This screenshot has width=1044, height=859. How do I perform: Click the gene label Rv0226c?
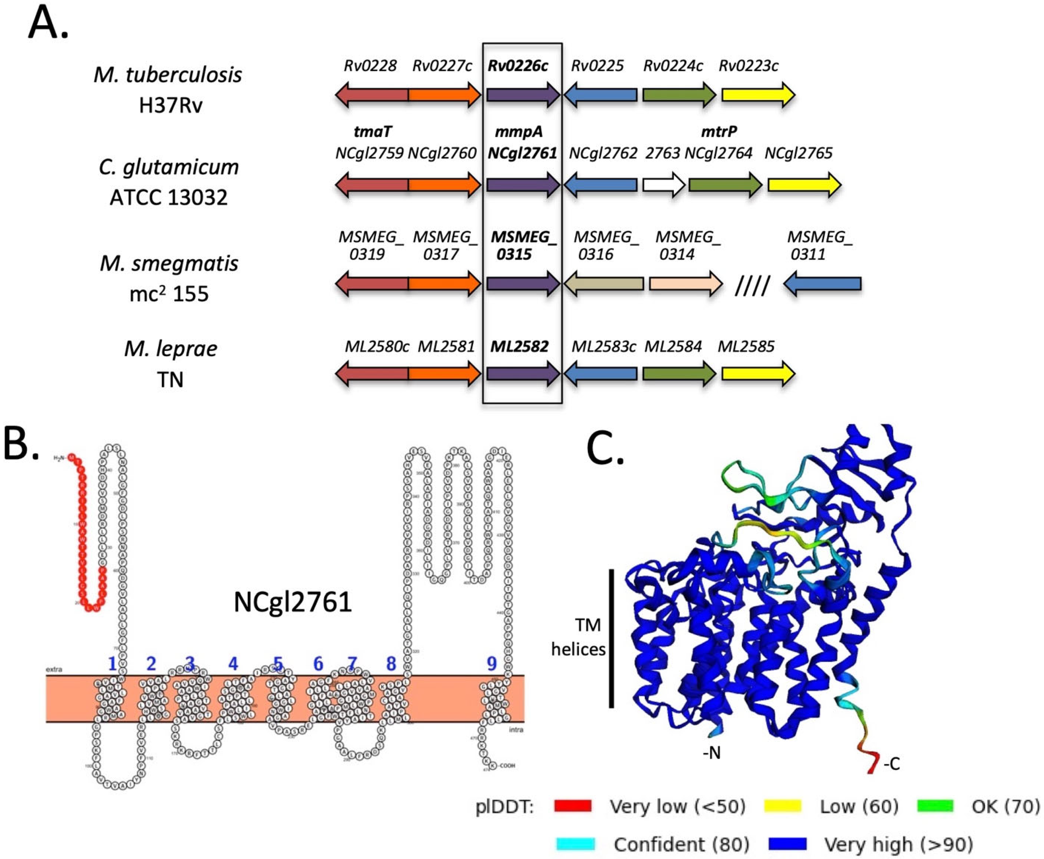click(x=518, y=66)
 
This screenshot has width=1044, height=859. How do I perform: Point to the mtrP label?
click(x=719, y=132)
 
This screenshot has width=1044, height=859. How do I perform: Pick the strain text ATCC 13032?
click(x=169, y=197)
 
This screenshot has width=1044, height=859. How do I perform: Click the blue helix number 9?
click(x=491, y=663)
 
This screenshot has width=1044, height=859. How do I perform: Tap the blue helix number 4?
click(x=232, y=663)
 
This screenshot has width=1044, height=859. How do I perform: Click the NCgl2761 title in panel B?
click(x=293, y=602)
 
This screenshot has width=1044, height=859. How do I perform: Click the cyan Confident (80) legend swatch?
click(x=576, y=844)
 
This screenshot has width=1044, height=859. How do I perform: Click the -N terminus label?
click(x=711, y=753)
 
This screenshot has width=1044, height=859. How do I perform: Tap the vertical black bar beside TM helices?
click(x=612, y=638)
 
